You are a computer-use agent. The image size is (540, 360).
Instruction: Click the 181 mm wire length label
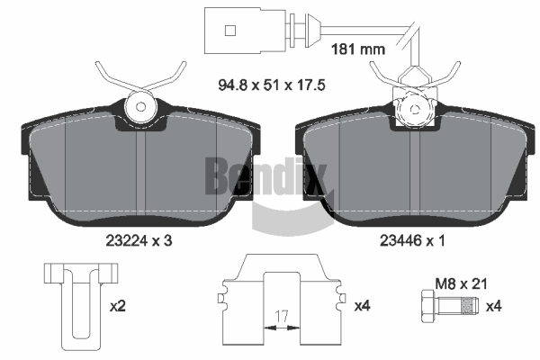(358, 49)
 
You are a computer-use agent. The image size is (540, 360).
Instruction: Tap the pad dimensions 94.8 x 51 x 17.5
(272, 85)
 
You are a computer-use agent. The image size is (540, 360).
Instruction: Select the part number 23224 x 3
(139, 241)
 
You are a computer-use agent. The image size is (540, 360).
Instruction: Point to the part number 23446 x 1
(412, 241)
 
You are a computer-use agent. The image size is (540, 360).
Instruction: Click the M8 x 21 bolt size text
(462, 284)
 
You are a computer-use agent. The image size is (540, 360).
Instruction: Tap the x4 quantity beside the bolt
(493, 306)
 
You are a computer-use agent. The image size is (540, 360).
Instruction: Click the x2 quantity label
(118, 306)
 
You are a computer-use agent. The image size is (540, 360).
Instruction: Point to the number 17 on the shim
(282, 316)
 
